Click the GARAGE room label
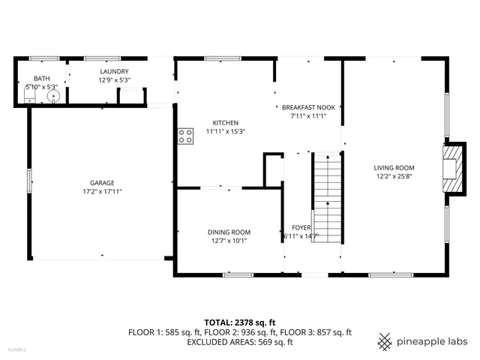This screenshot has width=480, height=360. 102,182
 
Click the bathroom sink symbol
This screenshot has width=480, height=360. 53,96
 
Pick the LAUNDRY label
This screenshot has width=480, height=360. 115,71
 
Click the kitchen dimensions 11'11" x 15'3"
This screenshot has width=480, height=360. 226,131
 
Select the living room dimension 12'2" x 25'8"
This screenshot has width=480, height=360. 394,176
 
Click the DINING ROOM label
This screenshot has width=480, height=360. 229,232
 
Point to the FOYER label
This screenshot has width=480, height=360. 301,227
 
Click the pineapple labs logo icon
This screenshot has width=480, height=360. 385,341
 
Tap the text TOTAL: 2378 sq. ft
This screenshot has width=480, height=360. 239,321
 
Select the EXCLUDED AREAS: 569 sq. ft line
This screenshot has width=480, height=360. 239,342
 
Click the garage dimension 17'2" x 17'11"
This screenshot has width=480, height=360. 102,191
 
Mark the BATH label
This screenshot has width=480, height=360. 40,78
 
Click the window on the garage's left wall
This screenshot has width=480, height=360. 29,181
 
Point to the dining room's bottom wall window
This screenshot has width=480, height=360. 238,275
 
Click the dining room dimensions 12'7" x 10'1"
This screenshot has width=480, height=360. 229,241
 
